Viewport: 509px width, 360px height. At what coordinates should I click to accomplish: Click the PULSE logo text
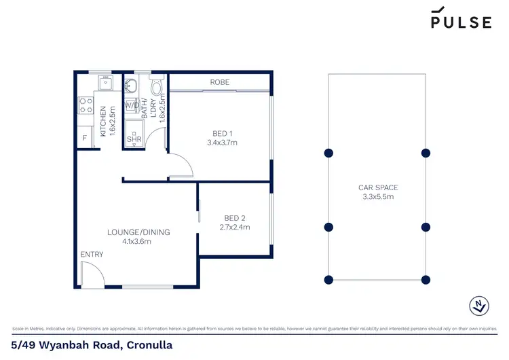tap(461, 22)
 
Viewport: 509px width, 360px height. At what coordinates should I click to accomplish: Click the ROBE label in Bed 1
tap(219, 82)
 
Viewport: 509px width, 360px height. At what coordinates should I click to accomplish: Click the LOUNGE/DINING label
tap(138, 232)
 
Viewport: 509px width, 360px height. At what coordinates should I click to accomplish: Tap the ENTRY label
tap(92, 255)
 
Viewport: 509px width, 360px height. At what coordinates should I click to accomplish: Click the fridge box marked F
tap(85, 139)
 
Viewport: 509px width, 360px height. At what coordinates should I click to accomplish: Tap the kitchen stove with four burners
tap(87, 105)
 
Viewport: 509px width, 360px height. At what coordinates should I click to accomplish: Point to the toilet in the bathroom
tap(157, 87)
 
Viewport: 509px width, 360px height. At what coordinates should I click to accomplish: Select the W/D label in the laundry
tap(133, 105)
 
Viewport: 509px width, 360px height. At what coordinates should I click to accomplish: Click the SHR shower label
tap(134, 139)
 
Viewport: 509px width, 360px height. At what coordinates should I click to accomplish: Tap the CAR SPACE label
tap(378, 187)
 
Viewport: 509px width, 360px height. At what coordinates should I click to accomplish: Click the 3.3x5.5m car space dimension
tap(378, 197)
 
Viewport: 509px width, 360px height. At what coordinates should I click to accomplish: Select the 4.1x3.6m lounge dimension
tap(138, 241)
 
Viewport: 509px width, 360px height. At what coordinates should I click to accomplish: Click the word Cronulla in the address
tap(145, 346)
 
